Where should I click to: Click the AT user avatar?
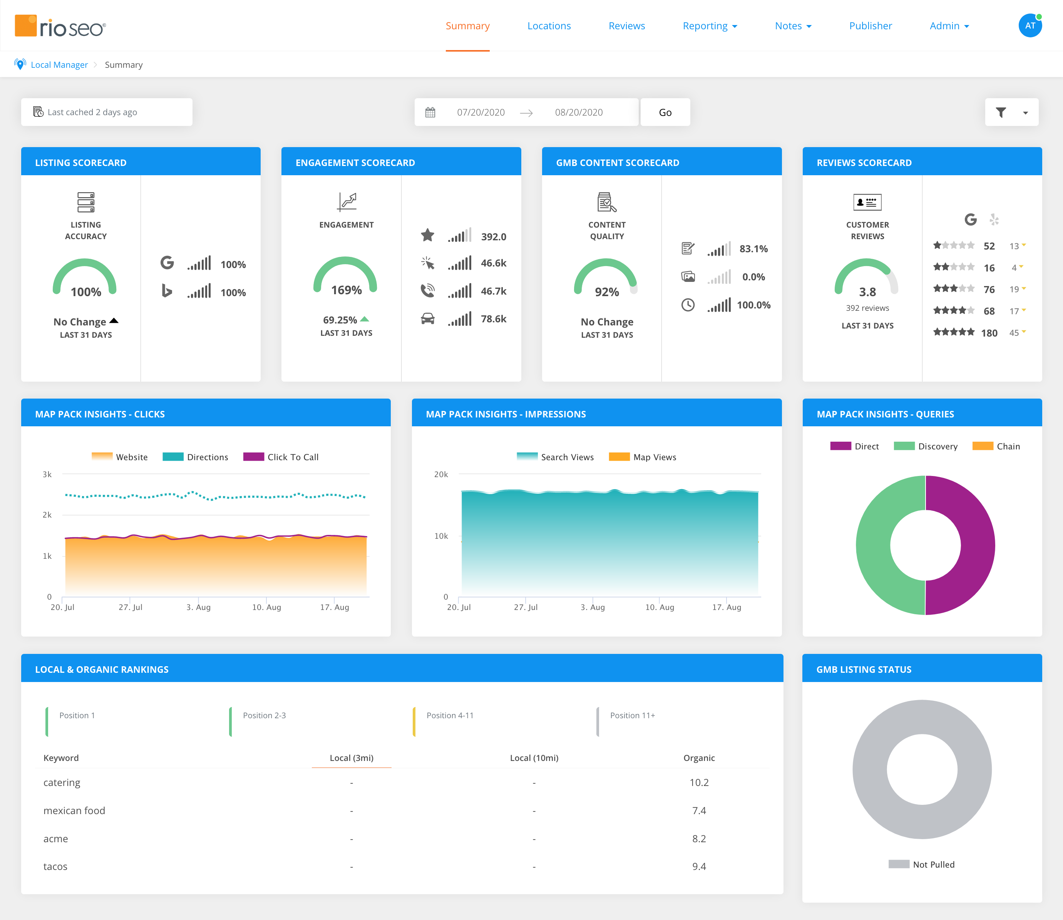click(x=1030, y=26)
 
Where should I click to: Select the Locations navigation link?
click(x=549, y=26)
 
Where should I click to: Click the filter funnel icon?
click(x=1000, y=112)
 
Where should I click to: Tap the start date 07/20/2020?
click(x=480, y=112)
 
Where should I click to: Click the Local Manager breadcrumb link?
click(x=59, y=65)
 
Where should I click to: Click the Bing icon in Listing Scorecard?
click(x=167, y=291)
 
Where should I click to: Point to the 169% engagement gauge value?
click(x=346, y=290)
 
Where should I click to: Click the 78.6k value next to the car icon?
click(x=493, y=319)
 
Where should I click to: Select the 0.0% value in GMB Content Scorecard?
click(x=753, y=277)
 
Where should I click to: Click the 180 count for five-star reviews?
click(x=989, y=333)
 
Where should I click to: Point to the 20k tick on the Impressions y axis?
click(x=441, y=474)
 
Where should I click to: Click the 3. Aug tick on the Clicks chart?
click(x=198, y=607)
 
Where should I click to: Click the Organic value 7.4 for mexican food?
click(x=698, y=811)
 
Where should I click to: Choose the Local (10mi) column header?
click(x=534, y=758)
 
